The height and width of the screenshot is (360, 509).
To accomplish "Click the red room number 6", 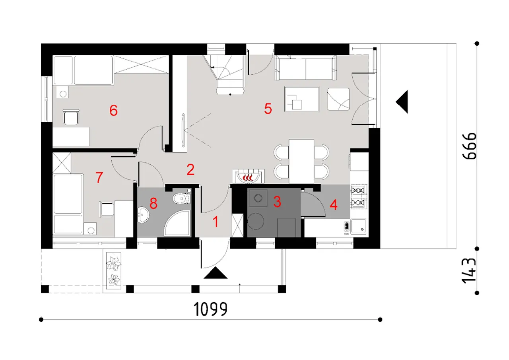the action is point(113,111).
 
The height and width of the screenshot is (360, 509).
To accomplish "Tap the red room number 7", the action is point(99,177).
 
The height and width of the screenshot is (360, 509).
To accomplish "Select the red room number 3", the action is point(277,201).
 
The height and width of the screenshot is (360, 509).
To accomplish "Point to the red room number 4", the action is point(333,205).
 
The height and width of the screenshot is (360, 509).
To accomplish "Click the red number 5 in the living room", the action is point(268,109).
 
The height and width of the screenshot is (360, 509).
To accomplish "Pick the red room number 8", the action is point(153,203).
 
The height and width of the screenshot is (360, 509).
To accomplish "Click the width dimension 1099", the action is point(210,309).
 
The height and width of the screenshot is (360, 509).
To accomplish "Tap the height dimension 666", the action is point(470,146).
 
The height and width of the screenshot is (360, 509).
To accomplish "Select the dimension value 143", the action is point(469,270).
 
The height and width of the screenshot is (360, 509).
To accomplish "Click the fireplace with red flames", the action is point(249,176).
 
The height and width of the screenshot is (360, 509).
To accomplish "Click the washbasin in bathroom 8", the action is point(143,215).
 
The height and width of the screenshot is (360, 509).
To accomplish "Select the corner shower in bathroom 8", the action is point(177,223).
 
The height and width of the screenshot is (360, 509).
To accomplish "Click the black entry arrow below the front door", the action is point(215,273).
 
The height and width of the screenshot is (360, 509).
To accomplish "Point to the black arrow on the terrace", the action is point(402,101).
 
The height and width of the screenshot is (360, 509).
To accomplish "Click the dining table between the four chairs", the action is point(301,161).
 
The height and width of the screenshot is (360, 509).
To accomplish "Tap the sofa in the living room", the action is point(306,68).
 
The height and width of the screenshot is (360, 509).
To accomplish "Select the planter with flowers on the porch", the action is point(114,270).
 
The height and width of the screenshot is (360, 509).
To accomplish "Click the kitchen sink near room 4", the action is point(358,227).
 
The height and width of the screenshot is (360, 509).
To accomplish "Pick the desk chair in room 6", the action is point(71,117).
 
